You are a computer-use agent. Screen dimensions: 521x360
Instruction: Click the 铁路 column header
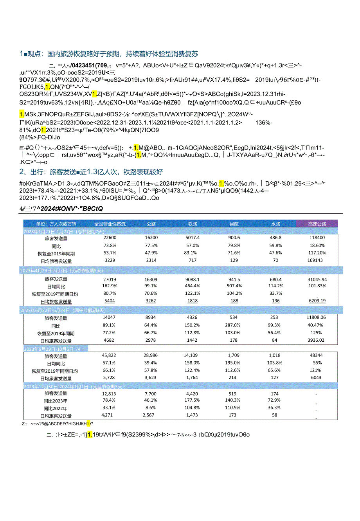tap(193, 224)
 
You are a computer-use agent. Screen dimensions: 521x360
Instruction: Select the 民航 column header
tap(234, 224)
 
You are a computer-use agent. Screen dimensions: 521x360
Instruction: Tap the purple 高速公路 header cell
tap(317, 224)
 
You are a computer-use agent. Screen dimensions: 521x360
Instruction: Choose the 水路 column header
tap(275, 224)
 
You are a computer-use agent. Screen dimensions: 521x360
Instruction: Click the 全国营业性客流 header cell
tap(110, 224)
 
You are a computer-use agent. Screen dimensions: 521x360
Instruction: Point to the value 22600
tap(110, 238)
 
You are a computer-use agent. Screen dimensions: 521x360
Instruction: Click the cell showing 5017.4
tap(193, 238)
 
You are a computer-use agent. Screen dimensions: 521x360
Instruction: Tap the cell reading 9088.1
tap(193, 279)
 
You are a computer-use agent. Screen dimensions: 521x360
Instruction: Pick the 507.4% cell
tap(234, 286)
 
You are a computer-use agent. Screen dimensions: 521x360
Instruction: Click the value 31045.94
tap(317, 279)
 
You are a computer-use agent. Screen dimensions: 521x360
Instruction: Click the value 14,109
tap(192, 355)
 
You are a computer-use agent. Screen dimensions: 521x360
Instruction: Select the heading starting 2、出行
tap(91, 172)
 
